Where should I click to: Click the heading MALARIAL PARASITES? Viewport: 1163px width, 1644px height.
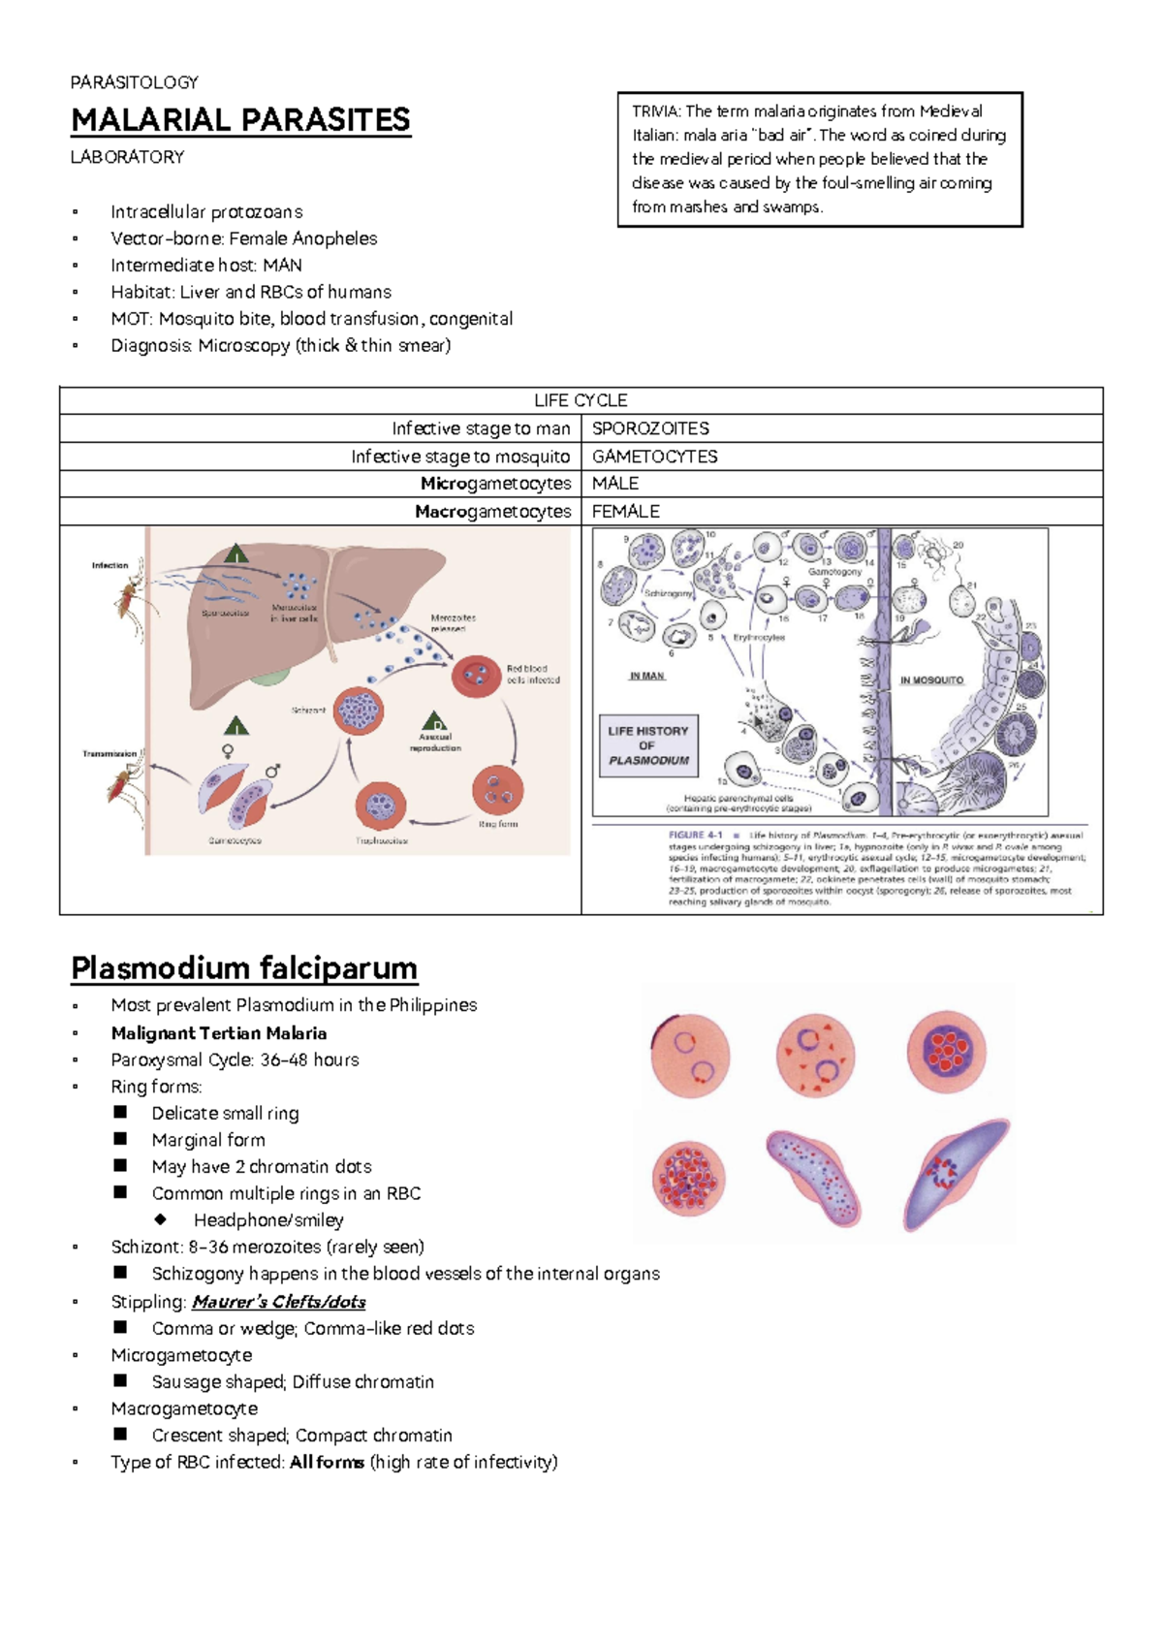(240, 120)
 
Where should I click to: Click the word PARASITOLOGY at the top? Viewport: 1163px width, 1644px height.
(134, 82)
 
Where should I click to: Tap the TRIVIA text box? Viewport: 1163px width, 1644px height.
(819, 159)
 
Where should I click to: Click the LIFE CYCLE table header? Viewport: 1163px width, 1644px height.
(581, 400)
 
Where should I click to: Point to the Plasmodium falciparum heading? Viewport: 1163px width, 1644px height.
(243, 967)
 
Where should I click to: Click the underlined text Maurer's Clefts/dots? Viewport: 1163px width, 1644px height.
(278, 1302)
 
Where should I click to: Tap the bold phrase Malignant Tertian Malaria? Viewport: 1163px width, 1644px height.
(218, 1033)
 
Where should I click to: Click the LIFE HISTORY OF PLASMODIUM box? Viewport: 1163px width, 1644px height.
(648, 745)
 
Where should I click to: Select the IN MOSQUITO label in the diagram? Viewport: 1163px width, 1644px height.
(931, 680)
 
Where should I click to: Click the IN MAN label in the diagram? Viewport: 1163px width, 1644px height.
(646, 676)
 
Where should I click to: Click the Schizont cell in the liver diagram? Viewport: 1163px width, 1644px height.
(359, 711)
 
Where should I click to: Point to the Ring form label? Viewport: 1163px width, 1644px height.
(498, 824)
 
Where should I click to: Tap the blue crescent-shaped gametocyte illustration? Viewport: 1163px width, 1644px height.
(955, 1173)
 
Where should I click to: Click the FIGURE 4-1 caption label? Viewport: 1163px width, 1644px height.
(695, 835)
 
